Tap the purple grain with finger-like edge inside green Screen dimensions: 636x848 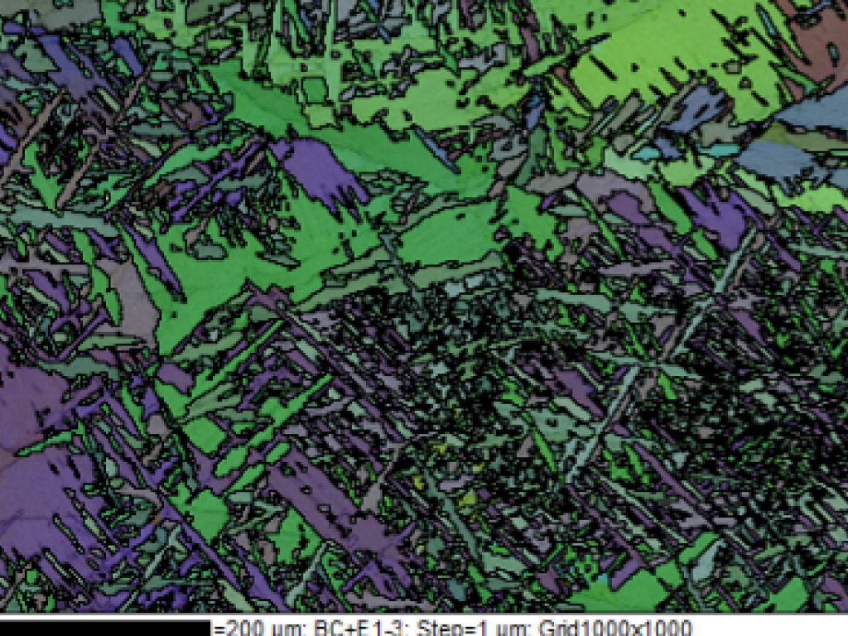[319, 170]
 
